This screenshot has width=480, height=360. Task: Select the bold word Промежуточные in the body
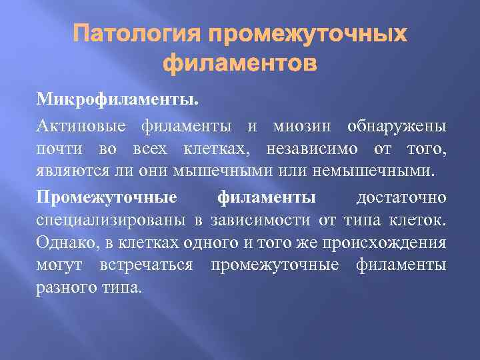107,198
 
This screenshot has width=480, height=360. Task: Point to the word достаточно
401,198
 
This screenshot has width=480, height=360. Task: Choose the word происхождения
388,243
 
